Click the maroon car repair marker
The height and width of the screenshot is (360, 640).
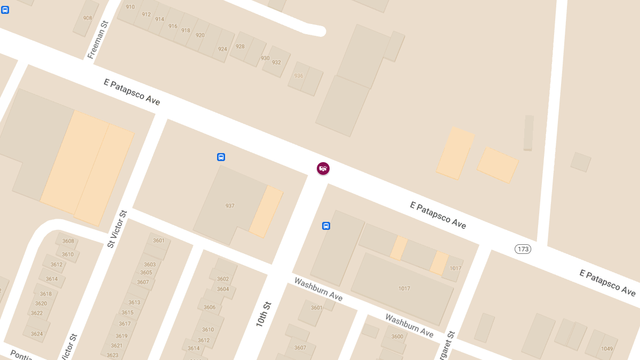click(323, 169)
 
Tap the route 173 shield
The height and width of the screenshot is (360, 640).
click(523, 249)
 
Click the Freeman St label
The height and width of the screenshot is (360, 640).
click(98, 39)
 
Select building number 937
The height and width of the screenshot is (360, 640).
click(230, 206)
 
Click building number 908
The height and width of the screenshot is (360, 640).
click(87, 18)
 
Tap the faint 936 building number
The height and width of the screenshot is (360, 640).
click(299, 76)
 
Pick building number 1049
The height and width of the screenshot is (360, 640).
click(607, 349)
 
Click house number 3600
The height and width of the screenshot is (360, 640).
click(397, 337)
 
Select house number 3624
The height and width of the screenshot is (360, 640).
click(37, 334)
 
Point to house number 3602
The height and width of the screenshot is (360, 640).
click(223, 279)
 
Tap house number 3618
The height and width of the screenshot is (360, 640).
click(46, 294)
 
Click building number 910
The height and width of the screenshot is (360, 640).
click(130, 7)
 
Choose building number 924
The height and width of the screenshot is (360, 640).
click(222, 49)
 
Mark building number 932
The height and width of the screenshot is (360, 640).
click(276, 62)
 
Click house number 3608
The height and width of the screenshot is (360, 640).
click(68, 241)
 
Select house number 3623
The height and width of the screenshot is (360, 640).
click(113, 355)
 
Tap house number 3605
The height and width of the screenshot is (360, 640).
click(146, 273)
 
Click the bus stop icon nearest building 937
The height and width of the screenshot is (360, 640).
click(221, 157)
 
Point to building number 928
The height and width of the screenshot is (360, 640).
click(240, 46)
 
